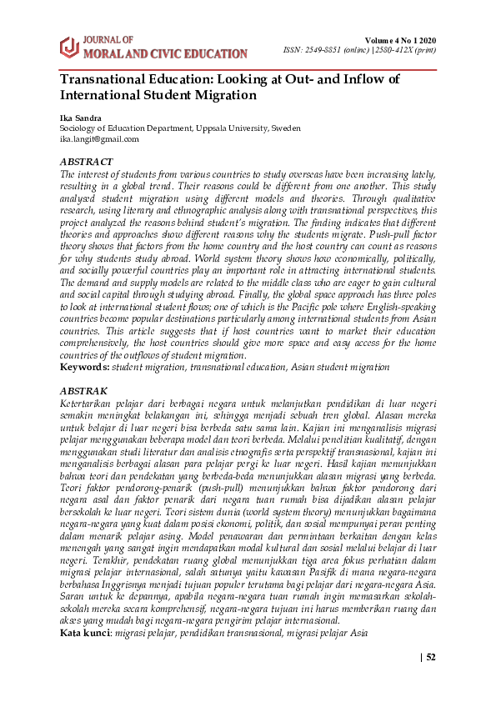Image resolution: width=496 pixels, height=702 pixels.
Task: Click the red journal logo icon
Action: point(68,48)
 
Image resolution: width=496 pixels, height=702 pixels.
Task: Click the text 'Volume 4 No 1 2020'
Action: point(400,41)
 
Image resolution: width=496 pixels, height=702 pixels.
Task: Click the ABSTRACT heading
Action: point(86,161)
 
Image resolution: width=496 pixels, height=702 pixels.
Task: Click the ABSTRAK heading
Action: point(83,390)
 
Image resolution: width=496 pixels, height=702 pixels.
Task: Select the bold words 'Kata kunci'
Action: point(86,633)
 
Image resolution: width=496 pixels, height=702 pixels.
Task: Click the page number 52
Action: point(431,657)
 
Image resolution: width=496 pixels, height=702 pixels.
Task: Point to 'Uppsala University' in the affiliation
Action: point(232,129)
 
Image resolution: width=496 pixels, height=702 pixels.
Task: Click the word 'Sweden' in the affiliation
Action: point(285,129)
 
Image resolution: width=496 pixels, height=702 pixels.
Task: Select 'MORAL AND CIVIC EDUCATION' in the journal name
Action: point(166,54)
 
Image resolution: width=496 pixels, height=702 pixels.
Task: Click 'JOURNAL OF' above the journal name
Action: point(108,40)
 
